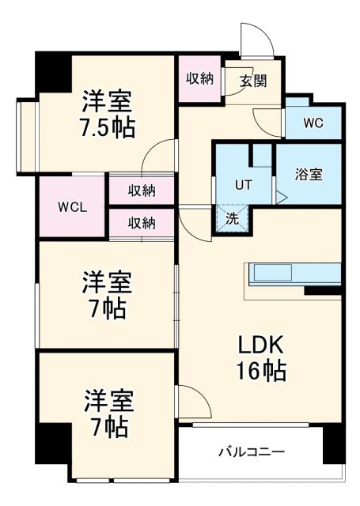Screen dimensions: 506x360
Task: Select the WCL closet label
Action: click(72, 208)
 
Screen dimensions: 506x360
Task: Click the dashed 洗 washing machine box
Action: click(232, 218)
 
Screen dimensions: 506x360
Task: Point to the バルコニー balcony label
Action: click(252, 452)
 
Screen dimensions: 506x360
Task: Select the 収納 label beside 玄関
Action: click(199, 78)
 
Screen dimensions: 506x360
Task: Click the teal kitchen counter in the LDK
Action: click(294, 274)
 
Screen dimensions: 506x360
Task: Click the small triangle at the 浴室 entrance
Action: click(279, 198)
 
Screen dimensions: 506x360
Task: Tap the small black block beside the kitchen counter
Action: click(322, 291)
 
